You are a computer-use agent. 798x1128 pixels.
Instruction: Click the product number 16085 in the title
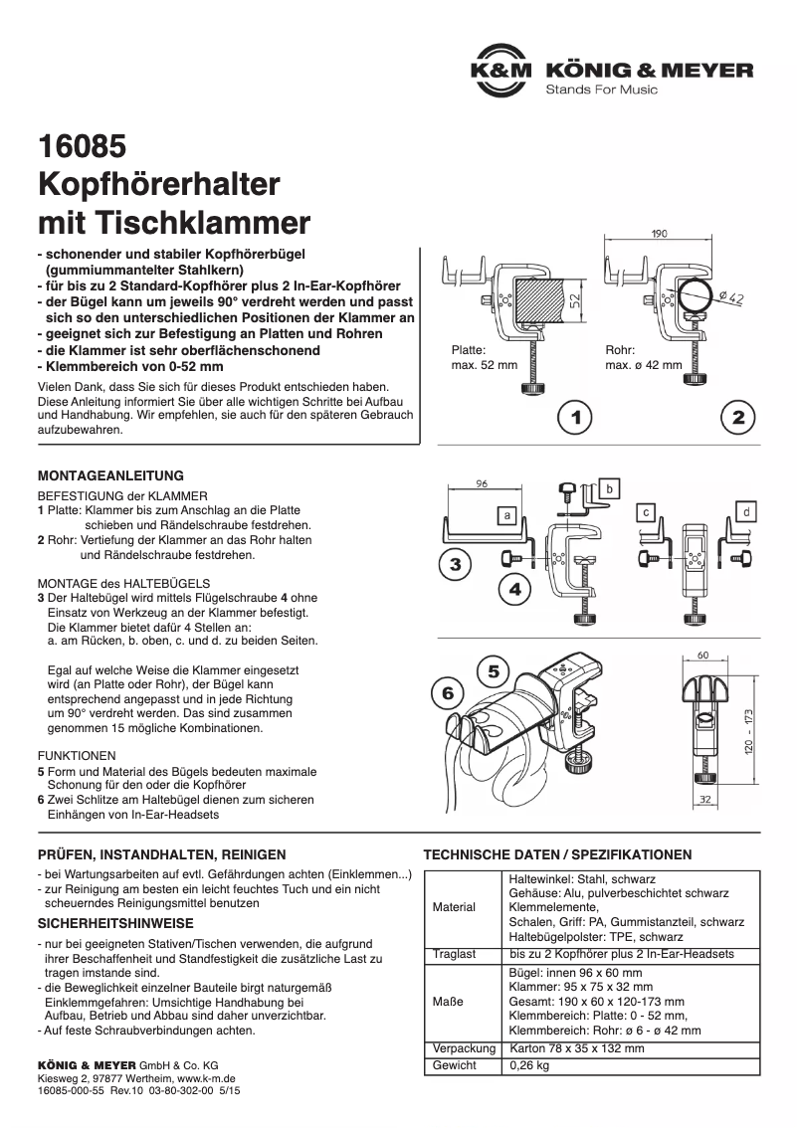tap(82, 147)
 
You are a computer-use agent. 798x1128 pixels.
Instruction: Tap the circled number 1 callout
tap(575, 418)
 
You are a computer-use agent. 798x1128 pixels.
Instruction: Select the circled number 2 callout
tap(737, 418)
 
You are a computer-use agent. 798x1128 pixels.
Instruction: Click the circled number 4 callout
tap(515, 589)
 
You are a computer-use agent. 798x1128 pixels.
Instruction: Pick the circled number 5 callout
tap(495, 671)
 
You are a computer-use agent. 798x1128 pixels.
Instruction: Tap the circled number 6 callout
tap(448, 693)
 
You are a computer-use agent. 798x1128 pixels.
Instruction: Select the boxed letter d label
tap(747, 511)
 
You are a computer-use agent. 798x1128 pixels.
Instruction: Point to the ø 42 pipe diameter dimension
tap(730, 297)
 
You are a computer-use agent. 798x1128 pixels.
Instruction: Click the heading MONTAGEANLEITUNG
tap(110, 475)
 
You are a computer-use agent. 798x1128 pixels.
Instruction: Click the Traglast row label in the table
tap(455, 954)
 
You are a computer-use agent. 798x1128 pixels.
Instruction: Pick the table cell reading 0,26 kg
tap(529, 1065)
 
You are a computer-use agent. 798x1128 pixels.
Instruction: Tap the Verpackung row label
tap(464, 1049)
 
